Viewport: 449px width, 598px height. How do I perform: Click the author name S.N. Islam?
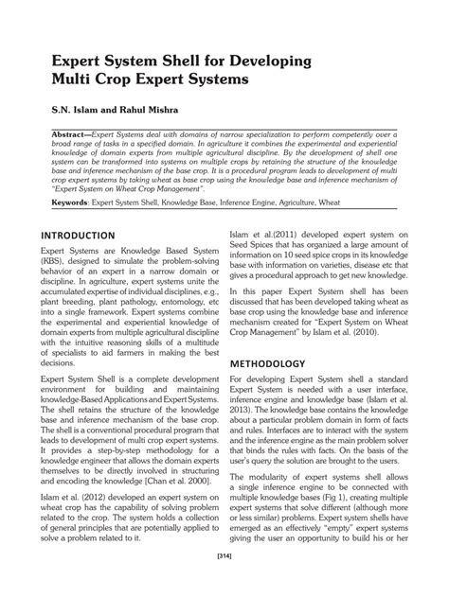point(65,109)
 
